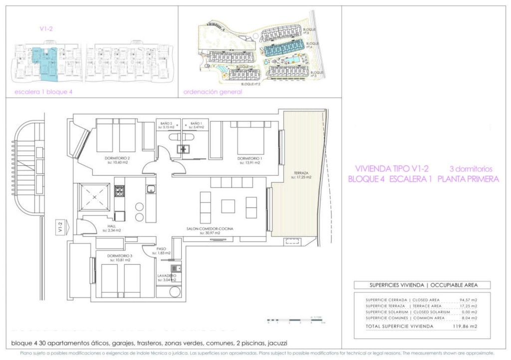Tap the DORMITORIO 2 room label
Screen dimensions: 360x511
[118, 159]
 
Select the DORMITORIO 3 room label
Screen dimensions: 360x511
[118, 257]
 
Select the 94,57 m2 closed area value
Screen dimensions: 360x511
[468, 300]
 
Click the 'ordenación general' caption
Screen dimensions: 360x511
[213, 92]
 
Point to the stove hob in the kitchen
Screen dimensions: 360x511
[119, 191]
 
